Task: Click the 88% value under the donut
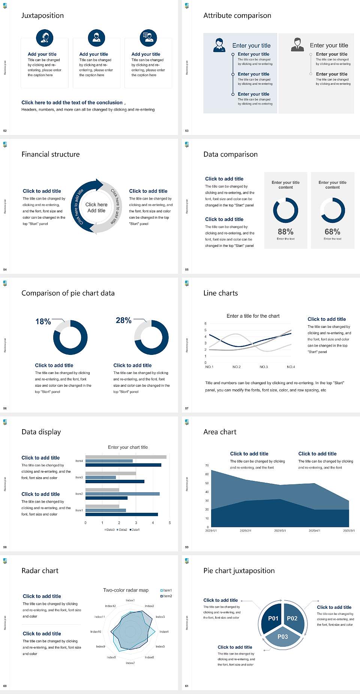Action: click(x=285, y=232)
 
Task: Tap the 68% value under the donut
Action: click(x=332, y=232)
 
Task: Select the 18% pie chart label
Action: click(x=43, y=321)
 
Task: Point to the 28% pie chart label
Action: click(x=123, y=320)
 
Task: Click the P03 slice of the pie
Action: click(x=283, y=637)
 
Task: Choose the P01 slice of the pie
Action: click(x=273, y=618)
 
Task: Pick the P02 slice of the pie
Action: click(x=292, y=618)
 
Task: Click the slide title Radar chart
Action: click(x=40, y=571)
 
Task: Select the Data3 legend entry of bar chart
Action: click(x=109, y=530)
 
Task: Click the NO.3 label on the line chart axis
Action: click(x=264, y=367)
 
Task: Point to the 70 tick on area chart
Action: click(x=207, y=466)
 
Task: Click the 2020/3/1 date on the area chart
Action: click(x=280, y=531)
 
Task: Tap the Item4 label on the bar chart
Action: click(x=79, y=461)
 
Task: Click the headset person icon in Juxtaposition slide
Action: click(x=45, y=38)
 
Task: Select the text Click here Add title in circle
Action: click(x=96, y=207)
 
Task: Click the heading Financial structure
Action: click(x=51, y=154)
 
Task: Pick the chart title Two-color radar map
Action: click(x=126, y=590)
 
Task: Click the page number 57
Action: click(x=187, y=408)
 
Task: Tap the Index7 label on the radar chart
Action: click(x=130, y=663)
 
